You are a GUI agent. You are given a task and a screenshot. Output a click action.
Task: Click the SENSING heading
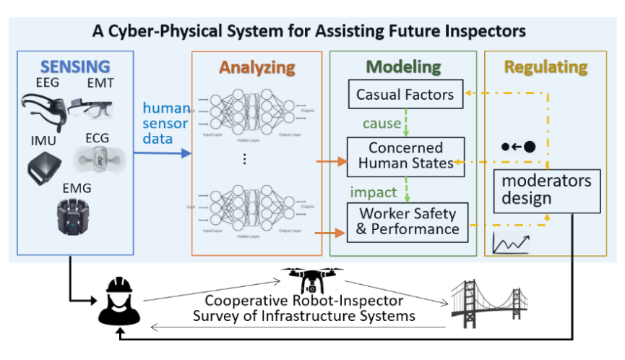coord(76,67)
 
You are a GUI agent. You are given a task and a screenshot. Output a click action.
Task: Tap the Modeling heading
coord(403,67)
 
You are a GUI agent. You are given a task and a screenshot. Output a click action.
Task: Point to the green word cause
coord(382,124)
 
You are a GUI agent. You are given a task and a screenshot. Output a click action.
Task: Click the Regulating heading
coord(546,67)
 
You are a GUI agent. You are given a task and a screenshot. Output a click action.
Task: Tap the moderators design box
coord(548,190)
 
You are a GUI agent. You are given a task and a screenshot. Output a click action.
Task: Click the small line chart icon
coord(510,243)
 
